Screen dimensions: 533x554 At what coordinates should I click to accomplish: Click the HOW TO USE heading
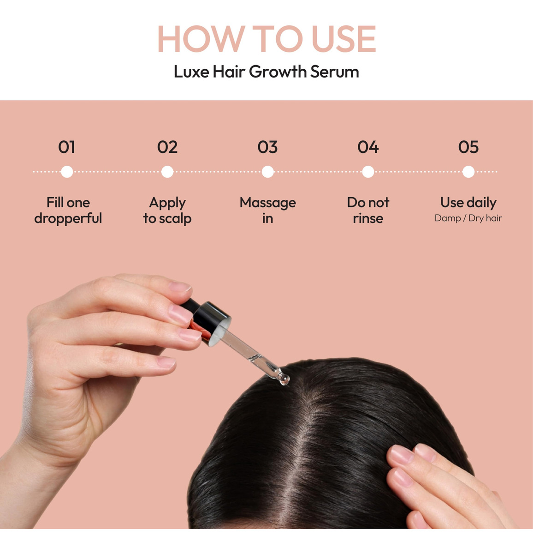266,39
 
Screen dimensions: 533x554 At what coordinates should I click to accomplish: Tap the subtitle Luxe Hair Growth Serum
266,72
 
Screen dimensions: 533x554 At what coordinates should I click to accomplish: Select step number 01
67,147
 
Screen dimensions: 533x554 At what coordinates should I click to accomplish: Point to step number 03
267,147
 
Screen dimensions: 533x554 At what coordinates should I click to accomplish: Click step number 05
468,147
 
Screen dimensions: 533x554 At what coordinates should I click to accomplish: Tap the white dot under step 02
167,172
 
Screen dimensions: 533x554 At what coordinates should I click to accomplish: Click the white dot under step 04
368,172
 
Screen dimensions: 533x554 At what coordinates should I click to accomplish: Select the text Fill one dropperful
68,211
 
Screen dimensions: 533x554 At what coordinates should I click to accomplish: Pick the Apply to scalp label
167,211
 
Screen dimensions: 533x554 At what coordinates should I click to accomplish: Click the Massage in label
267,211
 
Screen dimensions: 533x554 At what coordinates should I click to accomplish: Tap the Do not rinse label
368,211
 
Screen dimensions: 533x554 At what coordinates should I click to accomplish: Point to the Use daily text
468,203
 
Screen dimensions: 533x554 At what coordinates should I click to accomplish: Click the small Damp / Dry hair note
468,218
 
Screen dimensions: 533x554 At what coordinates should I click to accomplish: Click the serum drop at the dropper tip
284,380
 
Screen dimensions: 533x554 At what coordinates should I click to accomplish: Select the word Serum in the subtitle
335,72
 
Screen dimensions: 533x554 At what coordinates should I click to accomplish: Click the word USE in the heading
344,39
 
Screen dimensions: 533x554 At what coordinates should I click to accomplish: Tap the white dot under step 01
67,172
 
